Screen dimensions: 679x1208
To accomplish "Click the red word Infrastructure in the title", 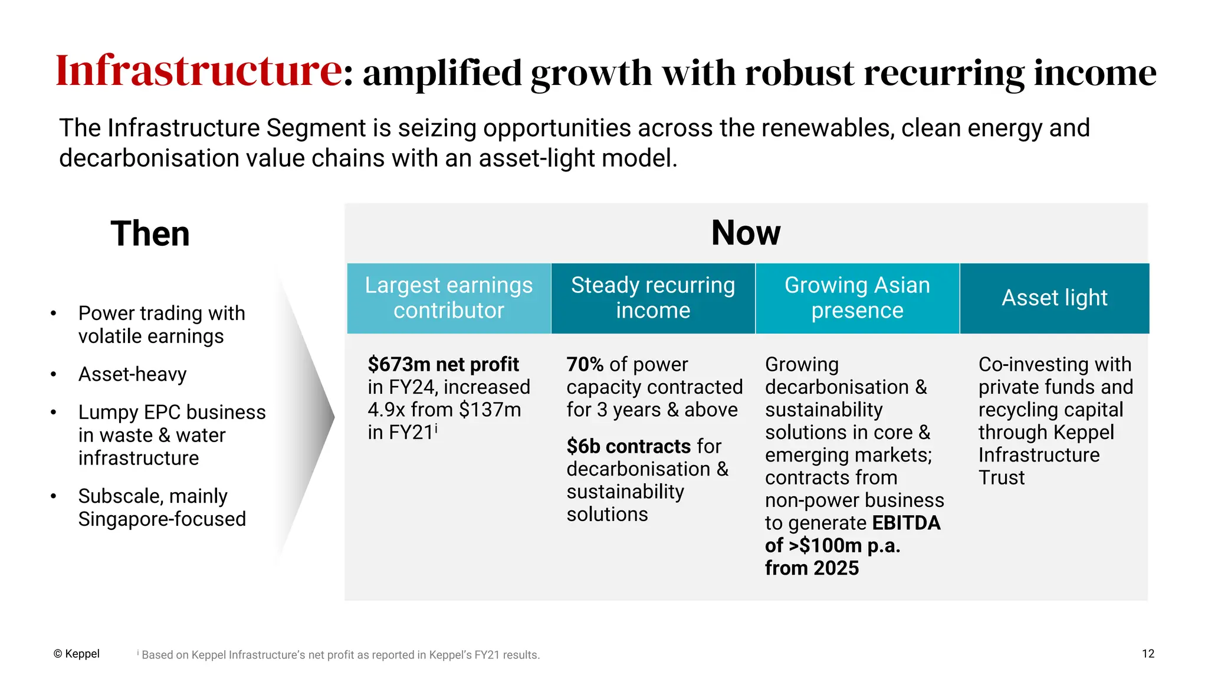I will (199, 71).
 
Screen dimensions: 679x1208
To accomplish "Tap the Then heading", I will (150, 233).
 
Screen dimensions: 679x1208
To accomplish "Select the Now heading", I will (746, 233).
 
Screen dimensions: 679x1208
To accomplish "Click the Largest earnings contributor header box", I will (448, 298).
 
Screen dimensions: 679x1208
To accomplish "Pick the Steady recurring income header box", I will (653, 298).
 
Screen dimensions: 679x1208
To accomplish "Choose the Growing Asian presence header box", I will (857, 298).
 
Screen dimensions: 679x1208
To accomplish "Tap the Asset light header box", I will (1055, 298).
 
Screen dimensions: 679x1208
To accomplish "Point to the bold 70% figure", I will (585, 364).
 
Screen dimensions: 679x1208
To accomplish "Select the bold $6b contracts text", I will (628, 446).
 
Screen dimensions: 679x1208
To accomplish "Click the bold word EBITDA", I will (906, 523).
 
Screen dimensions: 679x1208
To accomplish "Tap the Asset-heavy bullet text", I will (133, 374).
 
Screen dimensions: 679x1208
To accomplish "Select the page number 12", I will (1148, 654).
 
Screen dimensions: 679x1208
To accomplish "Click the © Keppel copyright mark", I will (77, 654).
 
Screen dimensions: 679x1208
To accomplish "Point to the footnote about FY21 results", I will (340, 655).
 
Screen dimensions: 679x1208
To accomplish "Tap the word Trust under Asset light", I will (1002, 477).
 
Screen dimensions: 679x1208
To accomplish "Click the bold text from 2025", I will (812, 568).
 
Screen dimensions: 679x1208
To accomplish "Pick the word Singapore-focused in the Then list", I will (162, 519).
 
